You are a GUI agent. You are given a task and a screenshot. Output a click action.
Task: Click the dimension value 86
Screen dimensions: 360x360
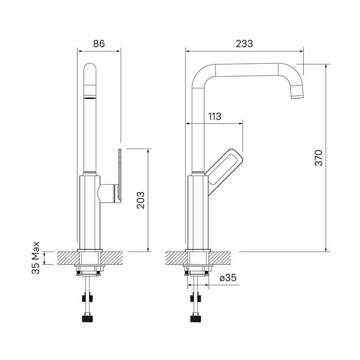click(99, 44)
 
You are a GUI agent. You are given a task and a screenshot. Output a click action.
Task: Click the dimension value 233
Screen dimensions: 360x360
click(244, 44)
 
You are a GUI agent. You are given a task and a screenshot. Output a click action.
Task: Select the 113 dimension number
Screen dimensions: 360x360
click(214, 116)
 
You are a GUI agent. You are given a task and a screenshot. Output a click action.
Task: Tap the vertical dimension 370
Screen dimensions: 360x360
click(319, 157)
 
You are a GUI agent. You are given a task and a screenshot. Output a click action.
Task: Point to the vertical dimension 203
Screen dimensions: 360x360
click(140, 200)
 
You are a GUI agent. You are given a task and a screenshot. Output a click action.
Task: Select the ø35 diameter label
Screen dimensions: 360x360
click(227, 278)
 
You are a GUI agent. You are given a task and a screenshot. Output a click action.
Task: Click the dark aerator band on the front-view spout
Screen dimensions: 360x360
click(89, 96)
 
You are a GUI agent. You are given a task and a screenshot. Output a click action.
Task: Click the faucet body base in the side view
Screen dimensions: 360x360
click(196, 216)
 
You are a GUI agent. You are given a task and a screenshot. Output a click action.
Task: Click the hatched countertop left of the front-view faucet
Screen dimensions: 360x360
click(67, 256)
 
